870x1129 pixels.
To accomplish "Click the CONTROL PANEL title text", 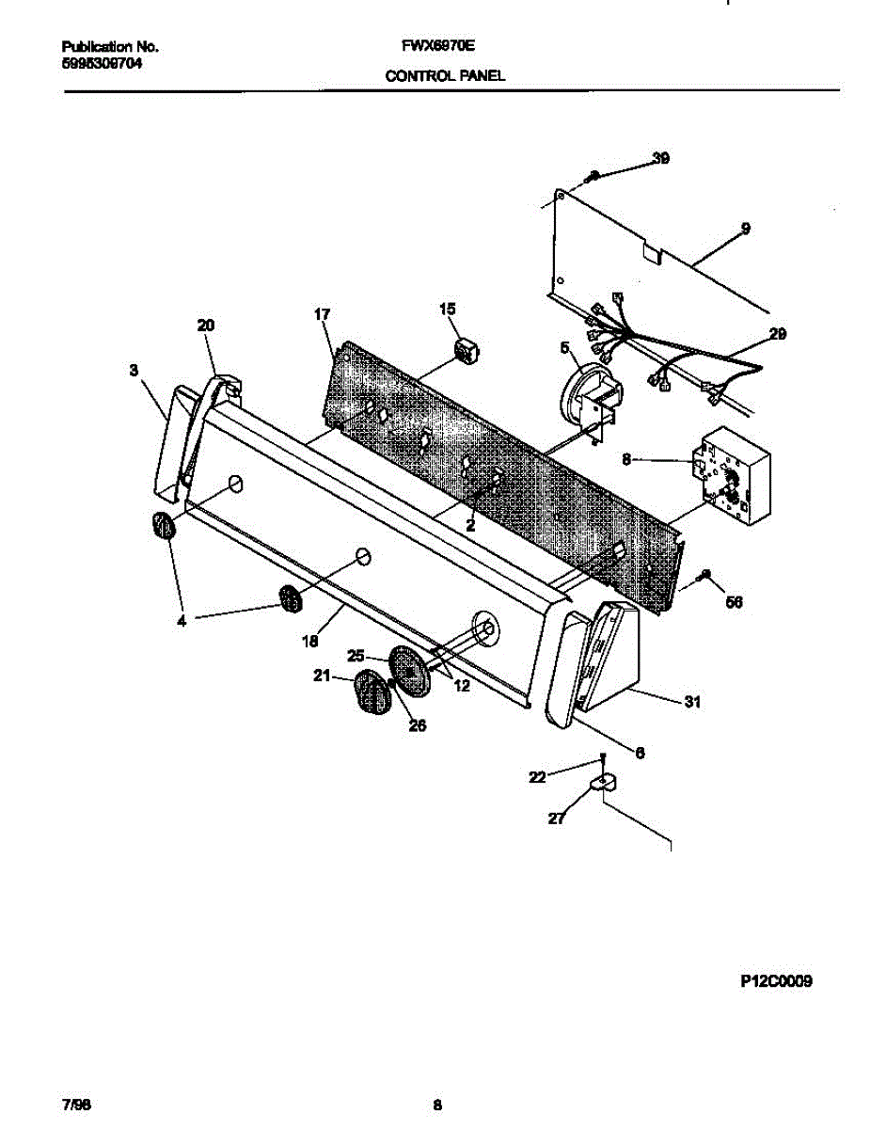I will point(445,76).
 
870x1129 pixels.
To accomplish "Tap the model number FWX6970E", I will point(439,45).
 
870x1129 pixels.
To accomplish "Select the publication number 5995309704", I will point(103,64).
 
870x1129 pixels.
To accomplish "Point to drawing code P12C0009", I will point(775,981).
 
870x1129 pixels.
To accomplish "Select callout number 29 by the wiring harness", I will point(777,334).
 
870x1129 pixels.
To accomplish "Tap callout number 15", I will point(447,309).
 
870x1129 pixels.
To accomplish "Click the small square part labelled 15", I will point(466,351).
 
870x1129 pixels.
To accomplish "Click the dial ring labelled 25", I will point(411,671).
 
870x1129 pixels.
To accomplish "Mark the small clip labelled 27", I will point(601,783).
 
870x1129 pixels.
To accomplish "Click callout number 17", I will point(323,315).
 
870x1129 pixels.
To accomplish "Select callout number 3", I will point(134,372).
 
